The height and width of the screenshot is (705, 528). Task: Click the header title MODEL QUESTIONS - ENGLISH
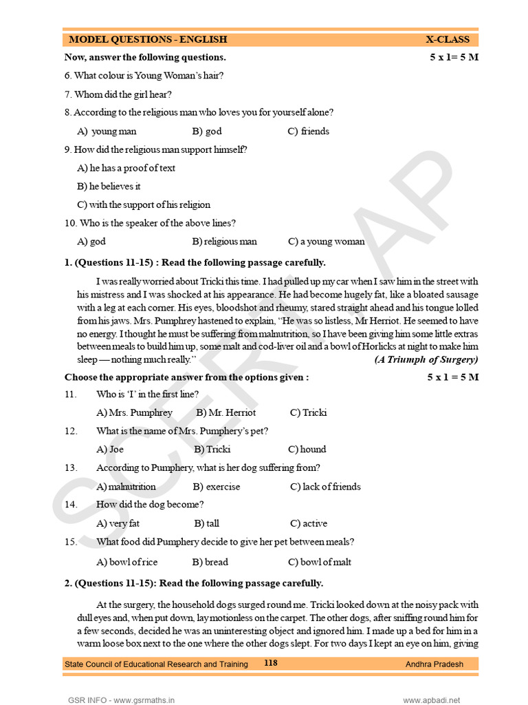pyautogui.click(x=148, y=39)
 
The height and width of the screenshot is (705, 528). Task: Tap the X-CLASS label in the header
pyautogui.click(x=448, y=39)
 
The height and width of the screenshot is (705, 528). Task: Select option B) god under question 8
pyautogui.click(x=207, y=131)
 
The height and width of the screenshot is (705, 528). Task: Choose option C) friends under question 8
pyautogui.click(x=308, y=131)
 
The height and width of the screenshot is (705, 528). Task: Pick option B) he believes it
pyautogui.click(x=109, y=186)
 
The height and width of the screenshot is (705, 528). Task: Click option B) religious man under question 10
pyautogui.click(x=225, y=242)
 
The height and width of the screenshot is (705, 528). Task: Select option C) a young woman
pyautogui.click(x=327, y=242)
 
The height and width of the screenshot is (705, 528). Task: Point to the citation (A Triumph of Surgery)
pyautogui.click(x=426, y=359)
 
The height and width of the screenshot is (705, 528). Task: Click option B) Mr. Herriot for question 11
pyautogui.click(x=225, y=412)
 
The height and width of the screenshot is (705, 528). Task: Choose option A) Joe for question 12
pyautogui.click(x=110, y=449)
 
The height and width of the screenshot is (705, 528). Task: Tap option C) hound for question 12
pyautogui.click(x=307, y=449)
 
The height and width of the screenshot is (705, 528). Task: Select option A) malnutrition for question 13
pyautogui.click(x=126, y=487)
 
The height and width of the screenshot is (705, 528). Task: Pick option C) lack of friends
pyautogui.click(x=325, y=487)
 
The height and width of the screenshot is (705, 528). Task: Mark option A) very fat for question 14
pyautogui.click(x=118, y=523)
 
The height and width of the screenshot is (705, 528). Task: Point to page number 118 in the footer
pyautogui.click(x=271, y=663)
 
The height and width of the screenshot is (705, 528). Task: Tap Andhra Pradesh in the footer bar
pyautogui.click(x=434, y=664)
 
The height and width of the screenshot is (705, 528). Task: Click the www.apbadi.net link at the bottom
pyautogui.click(x=431, y=699)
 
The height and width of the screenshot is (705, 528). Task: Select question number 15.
pyautogui.click(x=71, y=542)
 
